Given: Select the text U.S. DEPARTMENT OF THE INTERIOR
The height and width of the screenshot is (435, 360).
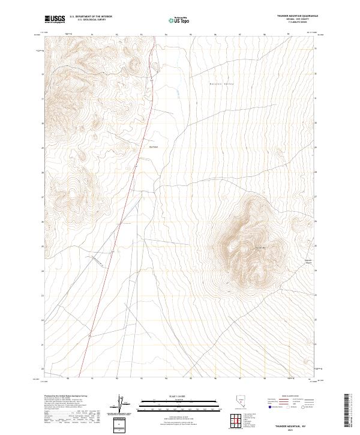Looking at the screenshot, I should [x=91, y=17].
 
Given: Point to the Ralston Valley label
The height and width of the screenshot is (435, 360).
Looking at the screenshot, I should [x=221, y=83].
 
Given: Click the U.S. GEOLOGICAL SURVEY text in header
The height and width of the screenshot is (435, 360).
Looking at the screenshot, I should [x=91, y=21].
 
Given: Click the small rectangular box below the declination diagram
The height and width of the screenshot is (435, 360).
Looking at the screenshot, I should [x=119, y=424].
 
